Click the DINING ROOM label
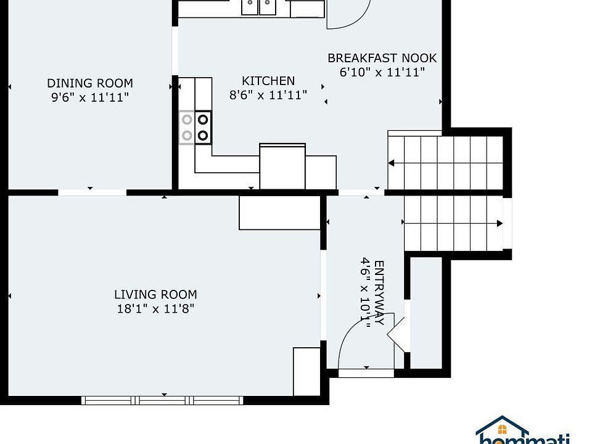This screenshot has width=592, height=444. coord(90,83)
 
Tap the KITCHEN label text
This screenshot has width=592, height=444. coord(268,81)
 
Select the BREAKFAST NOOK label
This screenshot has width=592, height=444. coord(382,58)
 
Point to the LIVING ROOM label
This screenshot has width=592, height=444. coord(155,295)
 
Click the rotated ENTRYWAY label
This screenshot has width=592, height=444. coord(379,292)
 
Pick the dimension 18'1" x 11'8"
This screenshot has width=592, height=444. coord(155,309)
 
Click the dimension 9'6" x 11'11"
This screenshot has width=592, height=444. coord(90,97)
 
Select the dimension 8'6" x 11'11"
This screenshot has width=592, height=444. coord(268,95)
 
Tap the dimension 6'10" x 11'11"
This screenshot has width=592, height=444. coord(382,72)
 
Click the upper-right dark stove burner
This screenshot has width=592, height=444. coord(203,120)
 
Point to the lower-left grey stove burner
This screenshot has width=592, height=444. coord(187,135)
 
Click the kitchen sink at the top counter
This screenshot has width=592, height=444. coord(258,7)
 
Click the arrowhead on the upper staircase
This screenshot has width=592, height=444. coord(391,163)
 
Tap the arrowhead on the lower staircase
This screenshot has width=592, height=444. coord(499,223)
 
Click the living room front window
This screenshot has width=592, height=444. coord(162,400)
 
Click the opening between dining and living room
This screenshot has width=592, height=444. coord(92,192)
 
